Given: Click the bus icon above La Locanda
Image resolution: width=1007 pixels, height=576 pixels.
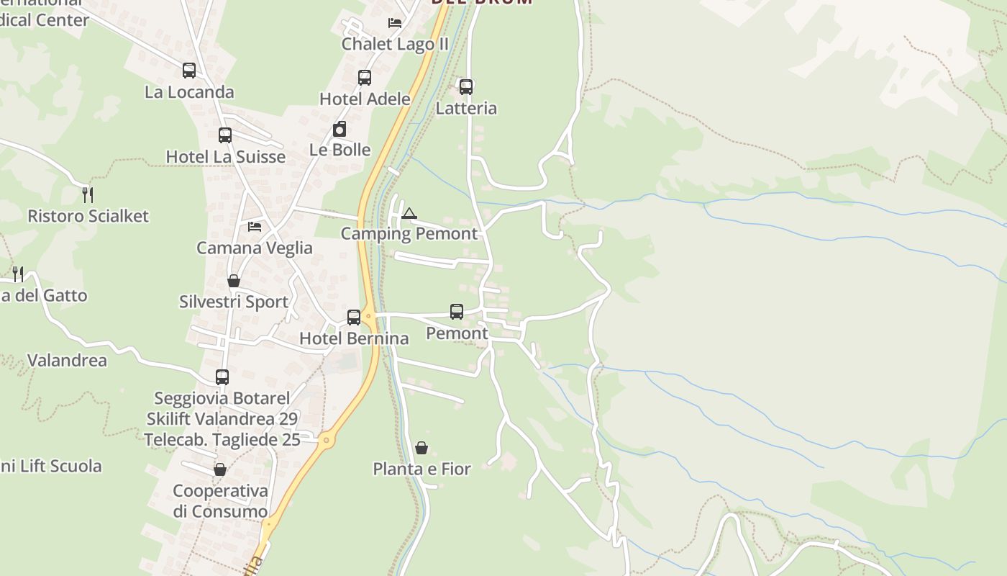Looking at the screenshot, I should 189,71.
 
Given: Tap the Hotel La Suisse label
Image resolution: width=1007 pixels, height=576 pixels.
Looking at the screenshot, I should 225,157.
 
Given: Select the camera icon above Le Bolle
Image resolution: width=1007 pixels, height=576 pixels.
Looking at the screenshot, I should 340,130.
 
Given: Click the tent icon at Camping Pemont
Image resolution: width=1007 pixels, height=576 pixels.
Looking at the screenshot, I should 409,213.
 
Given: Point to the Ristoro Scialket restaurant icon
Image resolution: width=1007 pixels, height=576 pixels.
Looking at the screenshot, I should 88,194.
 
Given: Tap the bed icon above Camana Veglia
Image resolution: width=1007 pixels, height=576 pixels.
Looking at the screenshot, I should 255,227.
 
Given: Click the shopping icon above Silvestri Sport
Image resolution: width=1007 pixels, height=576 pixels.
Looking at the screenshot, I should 234,281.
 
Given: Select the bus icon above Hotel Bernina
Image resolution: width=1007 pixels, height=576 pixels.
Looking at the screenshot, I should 354,318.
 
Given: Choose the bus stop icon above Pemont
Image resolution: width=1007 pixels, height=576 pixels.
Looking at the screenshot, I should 457,312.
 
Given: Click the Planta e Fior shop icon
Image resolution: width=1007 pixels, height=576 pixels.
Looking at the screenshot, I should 422,448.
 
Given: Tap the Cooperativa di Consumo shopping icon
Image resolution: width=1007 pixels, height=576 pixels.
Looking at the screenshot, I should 220,469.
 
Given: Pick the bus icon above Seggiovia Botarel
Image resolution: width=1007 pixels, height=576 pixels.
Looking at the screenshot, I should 222,377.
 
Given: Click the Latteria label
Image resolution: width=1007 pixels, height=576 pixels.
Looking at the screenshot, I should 466,108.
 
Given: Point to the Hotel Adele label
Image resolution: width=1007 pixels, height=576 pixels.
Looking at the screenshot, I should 365,99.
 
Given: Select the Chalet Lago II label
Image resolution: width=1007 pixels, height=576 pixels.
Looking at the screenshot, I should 395,44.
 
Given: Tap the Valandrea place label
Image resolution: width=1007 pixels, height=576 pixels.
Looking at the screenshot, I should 67,360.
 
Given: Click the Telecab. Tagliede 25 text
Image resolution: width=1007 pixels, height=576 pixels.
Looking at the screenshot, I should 222,439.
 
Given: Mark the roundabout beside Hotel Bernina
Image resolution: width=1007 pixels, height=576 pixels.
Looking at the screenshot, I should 368,315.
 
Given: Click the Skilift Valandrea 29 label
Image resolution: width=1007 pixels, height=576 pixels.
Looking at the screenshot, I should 222,419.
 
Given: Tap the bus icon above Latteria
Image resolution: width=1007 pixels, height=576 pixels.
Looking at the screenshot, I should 466,87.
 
